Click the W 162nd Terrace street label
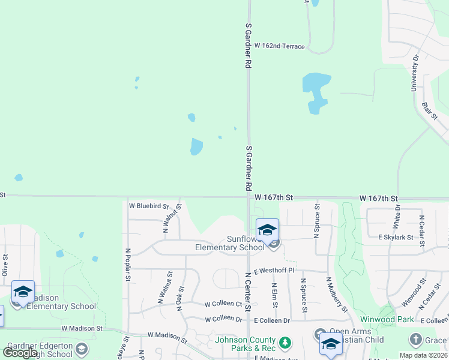pyautogui.click(x=279, y=46)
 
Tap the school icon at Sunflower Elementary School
pyautogui.click(x=267, y=230)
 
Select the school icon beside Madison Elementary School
pyautogui.click(x=23, y=292)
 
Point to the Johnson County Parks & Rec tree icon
pyautogui.click(x=286, y=343)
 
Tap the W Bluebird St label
pyautogui.click(x=148, y=206)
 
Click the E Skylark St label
pyautogui.click(x=396, y=238)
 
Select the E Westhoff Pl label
pyautogui.click(x=273, y=271)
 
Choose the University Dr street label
pyautogui.click(x=414, y=73)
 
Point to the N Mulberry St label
pyautogui.click(x=337, y=295)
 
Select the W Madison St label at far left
pyautogui.click(x=82, y=329)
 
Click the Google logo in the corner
pyautogui.click(x=20, y=353)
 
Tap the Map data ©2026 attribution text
pyautogui.click(x=423, y=355)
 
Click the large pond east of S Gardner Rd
pyautogui.click(x=316, y=90)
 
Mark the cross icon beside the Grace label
pyautogui.click(x=416, y=340)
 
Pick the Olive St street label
pyautogui.click(x=5, y=265)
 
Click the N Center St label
pyautogui.click(x=248, y=295)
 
